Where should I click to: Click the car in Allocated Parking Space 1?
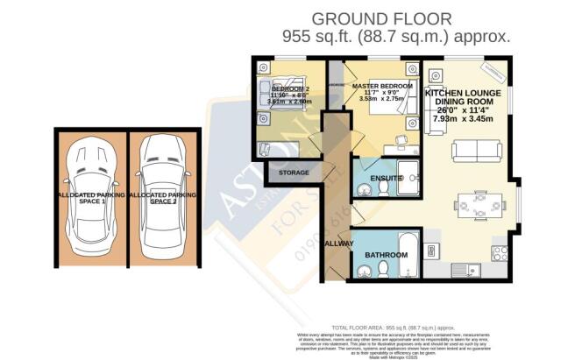(91, 197)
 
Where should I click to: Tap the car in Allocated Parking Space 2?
(163, 197)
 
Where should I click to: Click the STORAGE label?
(294, 173)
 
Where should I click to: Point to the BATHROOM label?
(387, 255)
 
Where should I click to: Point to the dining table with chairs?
(478, 205)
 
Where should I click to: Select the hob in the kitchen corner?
(501, 252)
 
